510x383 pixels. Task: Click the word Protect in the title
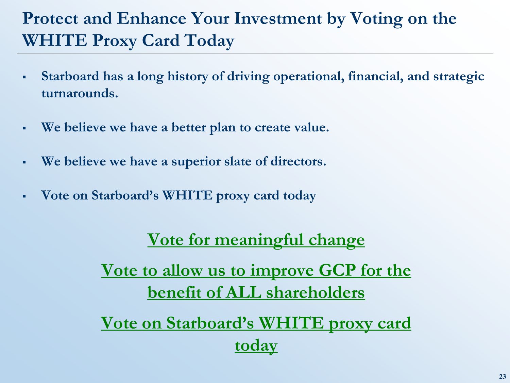pos(50,18)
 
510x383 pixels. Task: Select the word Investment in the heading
pos(278,18)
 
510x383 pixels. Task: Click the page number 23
pos(502,377)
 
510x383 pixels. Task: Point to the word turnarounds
pos(80,94)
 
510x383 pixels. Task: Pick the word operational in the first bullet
pos(309,77)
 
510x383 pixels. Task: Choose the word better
pos(189,127)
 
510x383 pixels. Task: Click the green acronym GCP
pos(337,270)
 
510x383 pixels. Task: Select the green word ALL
pos(244,292)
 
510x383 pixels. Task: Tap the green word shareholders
pos(316,292)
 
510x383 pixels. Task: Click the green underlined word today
pos(256,346)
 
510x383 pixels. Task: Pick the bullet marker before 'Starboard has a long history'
pos(24,77)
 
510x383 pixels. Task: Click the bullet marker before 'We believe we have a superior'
pos(24,162)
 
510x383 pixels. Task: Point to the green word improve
pos(282,271)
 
